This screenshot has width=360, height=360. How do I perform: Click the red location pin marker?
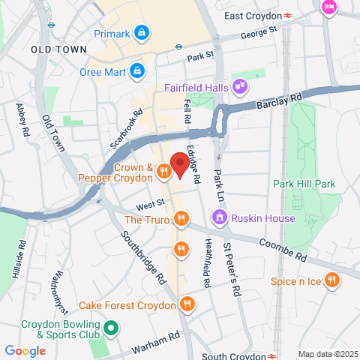[x=179, y=163]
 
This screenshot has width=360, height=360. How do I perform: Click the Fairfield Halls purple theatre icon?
[x=240, y=87]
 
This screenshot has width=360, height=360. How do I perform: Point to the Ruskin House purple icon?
[x=220, y=218]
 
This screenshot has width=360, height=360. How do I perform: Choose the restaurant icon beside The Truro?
[x=181, y=219]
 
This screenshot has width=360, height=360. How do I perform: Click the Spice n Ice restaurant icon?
[x=333, y=281]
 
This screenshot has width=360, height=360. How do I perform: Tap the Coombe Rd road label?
[x=281, y=249]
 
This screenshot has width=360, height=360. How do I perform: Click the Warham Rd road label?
[x=155, y=343]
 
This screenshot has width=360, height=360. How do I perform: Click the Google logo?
[x=25, y=350]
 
